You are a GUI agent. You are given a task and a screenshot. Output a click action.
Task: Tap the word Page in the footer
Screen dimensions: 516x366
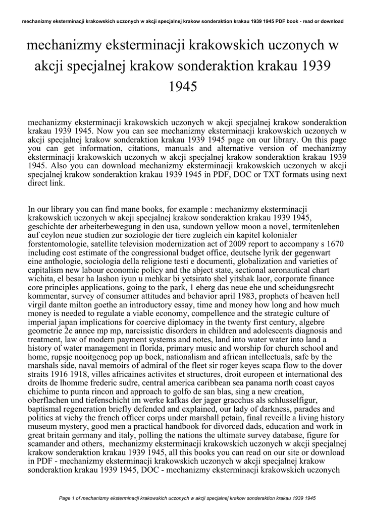click(x=67, y=498)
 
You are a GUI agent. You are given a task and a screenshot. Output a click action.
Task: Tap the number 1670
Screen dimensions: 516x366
click(x=333, y=243)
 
